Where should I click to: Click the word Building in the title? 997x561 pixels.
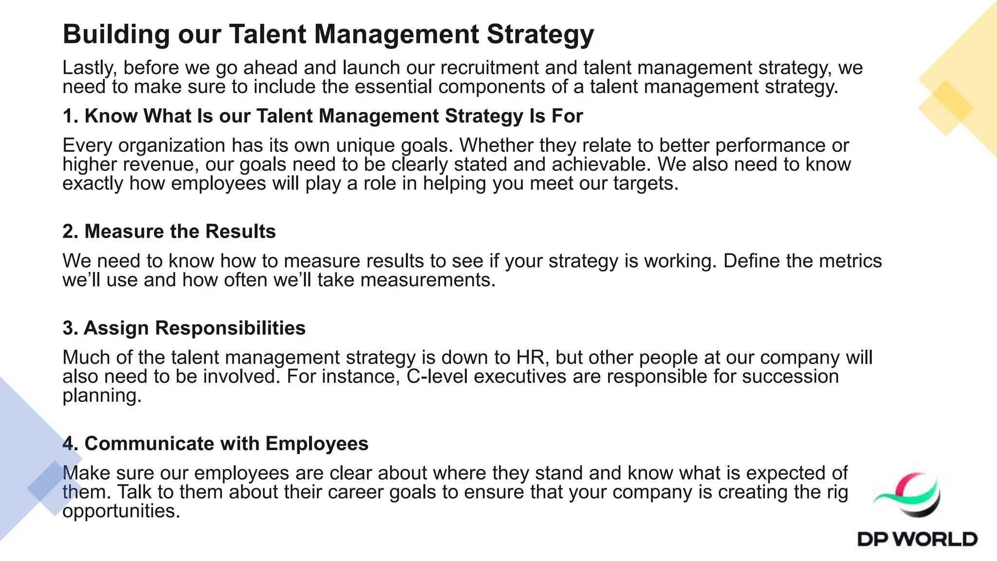click(x=116, y=35)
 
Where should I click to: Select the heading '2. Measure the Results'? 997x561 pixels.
click(x=169, y=231)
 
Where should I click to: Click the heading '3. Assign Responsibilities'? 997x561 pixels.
click(x=184, y=328)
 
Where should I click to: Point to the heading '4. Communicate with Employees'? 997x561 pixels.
click(x=215, y=444)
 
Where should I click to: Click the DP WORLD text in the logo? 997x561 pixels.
click(x=917, y=539)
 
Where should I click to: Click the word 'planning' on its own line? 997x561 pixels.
click(x=102, y=395)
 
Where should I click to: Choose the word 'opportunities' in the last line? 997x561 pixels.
click(x=121, y=511)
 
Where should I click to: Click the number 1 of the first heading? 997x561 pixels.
click(x=68, y=116)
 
